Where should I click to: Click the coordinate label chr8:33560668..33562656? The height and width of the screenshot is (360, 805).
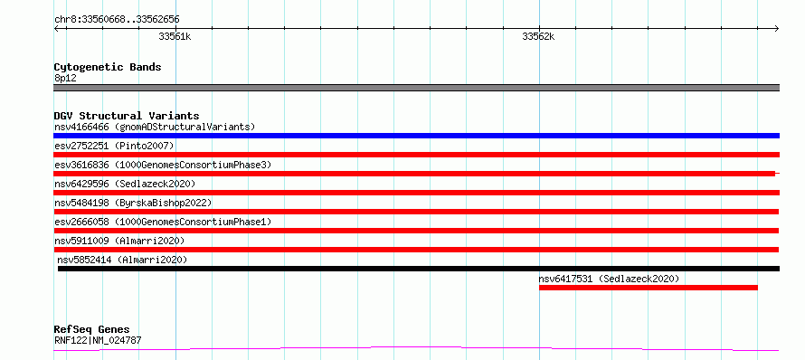(x=117, y=20)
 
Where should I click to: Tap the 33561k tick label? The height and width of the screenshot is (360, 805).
(x=175, y=36)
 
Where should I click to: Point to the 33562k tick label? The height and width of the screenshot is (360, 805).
(x=538, y=36)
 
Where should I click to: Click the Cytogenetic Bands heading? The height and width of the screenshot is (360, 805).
(x=108, y=67)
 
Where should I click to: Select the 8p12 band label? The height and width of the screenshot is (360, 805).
(x=65, y=78)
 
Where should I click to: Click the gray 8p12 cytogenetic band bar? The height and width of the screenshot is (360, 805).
(x=416, y=88)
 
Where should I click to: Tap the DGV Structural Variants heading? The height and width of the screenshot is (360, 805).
(x=127, y=116)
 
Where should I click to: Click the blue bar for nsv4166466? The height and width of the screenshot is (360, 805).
(x=416, y=136)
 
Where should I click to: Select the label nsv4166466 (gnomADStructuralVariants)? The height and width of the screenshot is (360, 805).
(x=155, y=127)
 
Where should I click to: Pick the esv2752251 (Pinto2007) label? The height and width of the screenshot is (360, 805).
(x=114, y=146)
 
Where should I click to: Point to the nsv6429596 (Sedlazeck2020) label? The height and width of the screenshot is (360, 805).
(x=125, y=184)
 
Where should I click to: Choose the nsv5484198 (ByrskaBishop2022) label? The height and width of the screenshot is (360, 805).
(x=133, y=203)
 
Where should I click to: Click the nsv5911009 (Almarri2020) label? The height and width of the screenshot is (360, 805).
(x=119, y=241)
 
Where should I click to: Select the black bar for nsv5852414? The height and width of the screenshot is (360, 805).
(x=419, y=269)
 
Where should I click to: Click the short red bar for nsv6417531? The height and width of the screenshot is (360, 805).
(x=649, y=288)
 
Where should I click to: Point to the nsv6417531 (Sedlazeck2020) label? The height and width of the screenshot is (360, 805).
(x=609, y=279)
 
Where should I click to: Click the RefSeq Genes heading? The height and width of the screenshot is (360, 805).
(x=92, y=329)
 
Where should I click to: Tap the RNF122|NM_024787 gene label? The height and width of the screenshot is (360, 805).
(x=98, y=340)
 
